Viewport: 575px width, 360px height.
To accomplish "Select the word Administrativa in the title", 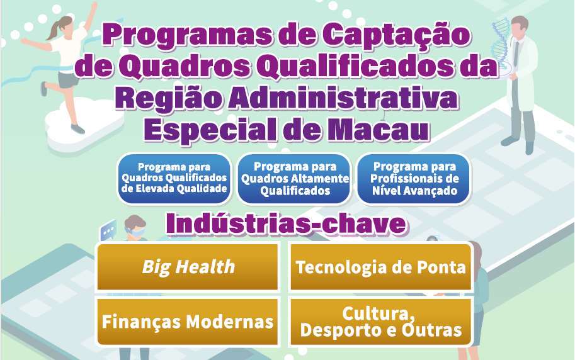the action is pyautogui.click(x=343, y=98).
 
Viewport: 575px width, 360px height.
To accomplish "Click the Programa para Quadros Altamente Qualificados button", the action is pyautogui.click(x=295, y=179).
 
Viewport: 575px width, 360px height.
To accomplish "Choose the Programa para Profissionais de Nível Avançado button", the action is pyautogui.click(x=414, y=179).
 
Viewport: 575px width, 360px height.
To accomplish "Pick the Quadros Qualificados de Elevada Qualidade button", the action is pyautogui.click(x=174, y=179).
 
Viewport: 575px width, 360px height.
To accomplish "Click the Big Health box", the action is pyautogui.click(x=188, y=267).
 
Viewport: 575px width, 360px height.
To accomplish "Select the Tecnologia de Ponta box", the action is pyautogui.click(x=380, y=267).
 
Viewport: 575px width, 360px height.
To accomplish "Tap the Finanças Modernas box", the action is pyautogui.click(x=188, y=322).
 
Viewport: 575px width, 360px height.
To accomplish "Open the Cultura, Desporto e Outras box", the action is pyautogui.click(x=380, y=322).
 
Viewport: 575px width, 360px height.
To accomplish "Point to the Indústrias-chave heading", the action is pyautogui.click(x=286, y=223).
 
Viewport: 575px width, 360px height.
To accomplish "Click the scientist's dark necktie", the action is pyautogui.click(x=516, y=53).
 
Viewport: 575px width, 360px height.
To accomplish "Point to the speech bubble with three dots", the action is pyautogui.click(x=108, y=230).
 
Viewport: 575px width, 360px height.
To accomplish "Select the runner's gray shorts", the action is pyautogui.click(x=68, y=79).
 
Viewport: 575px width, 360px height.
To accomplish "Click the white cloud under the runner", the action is pyautogui.click(x=84, y=125).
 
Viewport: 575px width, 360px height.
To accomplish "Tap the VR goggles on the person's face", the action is pyautogui.click(x=135, y=232).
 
